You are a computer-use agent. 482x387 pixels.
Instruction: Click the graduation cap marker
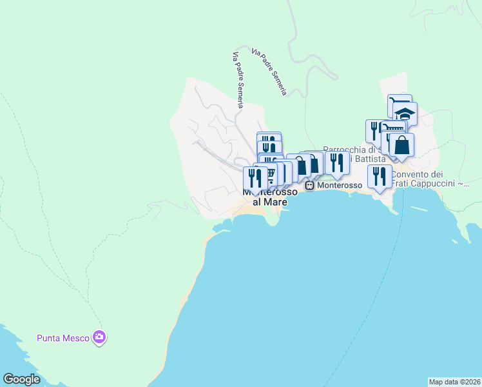click(x=405, y=114)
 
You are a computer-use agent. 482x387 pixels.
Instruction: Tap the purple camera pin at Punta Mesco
click(x=99, y=337)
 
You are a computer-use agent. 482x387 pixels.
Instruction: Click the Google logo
click(x=21, y=379)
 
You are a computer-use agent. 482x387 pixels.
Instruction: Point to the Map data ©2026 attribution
click(x=454, y=382)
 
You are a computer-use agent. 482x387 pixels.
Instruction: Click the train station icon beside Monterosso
click(x=310, y=185)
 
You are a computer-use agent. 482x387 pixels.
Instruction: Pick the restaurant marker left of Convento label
click(x=380, y=175)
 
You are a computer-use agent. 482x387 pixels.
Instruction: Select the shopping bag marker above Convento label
click(x=401, y=144)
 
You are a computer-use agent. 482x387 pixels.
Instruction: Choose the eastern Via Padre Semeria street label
click(x=269, y=71)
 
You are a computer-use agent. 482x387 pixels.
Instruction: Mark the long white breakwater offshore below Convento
click(x=426, y=209)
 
